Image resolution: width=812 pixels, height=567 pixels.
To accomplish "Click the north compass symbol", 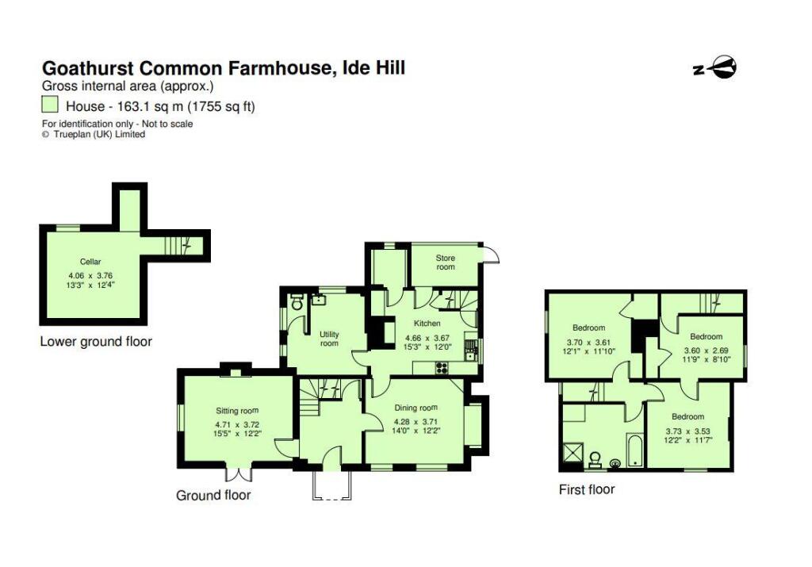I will coord(715,68).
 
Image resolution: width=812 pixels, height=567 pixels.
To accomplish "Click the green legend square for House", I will coord(50,105).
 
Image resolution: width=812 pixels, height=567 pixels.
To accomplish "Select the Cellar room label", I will coord(90,261).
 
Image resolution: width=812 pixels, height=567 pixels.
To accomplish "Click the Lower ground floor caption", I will coord(95,342).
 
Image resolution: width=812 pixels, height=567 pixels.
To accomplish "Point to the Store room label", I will coord(446,262).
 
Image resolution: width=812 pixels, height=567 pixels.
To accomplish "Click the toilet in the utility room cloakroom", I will coord(297,303).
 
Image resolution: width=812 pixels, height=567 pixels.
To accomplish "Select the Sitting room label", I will coord(238,411).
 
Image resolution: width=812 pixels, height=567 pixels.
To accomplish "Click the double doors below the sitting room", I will coord(236,474).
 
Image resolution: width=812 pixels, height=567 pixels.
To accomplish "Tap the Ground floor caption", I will coord(213,495).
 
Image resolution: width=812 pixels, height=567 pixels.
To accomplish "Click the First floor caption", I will coord(586,489).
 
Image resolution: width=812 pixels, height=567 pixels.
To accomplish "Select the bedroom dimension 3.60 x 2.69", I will coord(705,349).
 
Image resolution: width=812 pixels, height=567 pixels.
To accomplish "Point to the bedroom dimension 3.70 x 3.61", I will coord(588,340).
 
